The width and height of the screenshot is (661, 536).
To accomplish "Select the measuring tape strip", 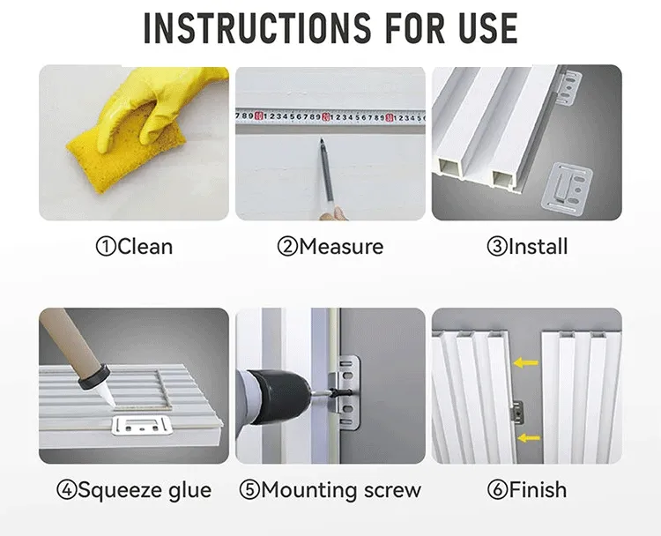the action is [330, 117].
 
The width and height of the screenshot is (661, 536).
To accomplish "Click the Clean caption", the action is [135, 247].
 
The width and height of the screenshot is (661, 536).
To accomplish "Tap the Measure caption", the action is [330, 247].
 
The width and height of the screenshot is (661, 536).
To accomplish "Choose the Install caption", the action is [527, 247].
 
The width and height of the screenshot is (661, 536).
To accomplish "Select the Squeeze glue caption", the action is [134, 490].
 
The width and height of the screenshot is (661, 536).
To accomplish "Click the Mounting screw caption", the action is [330, 490].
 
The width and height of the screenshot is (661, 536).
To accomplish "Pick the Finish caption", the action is [527, 489].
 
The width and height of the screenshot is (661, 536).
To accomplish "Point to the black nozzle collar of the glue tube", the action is [94, 377].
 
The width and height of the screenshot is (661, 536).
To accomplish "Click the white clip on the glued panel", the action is [142, 425].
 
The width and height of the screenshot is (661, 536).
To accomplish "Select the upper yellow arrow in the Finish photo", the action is [525, 362].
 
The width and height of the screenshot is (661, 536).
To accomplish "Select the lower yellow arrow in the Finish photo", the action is [528, 438].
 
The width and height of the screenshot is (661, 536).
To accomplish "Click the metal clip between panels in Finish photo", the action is [517, 412].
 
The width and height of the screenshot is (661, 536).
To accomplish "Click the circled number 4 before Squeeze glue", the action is [67, 490].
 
